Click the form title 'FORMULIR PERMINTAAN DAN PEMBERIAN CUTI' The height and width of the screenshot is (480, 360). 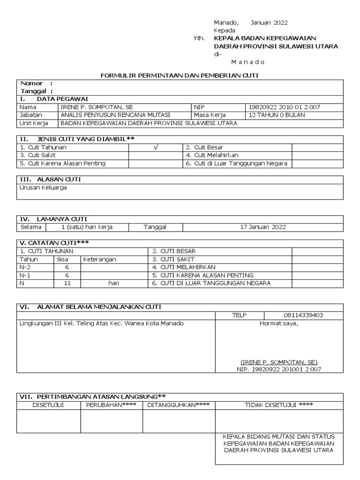[180, 75]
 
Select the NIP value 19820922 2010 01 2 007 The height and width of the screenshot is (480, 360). [285, 107]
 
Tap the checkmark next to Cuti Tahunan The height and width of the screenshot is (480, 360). [156, 147]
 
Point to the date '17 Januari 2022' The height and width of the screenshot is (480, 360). [263, 227]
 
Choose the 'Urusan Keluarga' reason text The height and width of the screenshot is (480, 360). [43, 187]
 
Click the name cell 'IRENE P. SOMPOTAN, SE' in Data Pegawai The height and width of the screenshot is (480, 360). [97, 107]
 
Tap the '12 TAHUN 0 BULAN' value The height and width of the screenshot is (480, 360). [277, 115]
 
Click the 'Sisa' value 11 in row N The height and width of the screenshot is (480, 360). [67, 283]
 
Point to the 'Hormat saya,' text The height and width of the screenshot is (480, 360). [279, 323]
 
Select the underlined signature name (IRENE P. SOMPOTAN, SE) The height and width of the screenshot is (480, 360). [279, 362]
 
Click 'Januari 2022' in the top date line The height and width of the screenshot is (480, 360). [269, 22]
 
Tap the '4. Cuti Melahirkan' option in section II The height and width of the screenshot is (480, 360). [212, 155]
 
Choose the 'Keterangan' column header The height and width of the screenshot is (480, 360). [100, 259]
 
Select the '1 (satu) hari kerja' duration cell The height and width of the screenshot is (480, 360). [87, 227]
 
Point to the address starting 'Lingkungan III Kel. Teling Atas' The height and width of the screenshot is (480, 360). [101, 323]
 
